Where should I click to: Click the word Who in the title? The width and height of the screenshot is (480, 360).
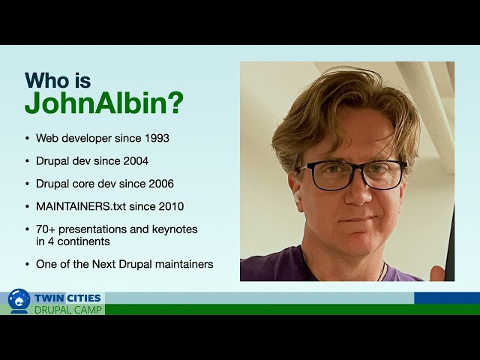click(47, 80)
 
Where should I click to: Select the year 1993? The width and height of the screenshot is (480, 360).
click(157, 138)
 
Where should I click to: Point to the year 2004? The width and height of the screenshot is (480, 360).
click(136, 161)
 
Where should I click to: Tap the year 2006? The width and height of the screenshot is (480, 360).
click(161, 184)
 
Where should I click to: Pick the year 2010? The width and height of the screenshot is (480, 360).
click(171, 206)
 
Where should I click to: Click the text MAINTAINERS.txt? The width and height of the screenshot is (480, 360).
click(81, 206)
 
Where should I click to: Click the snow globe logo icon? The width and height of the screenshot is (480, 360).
click(19, 301)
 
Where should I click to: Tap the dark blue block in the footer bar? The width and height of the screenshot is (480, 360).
click(447, 298)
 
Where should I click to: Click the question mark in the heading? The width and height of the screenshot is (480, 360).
click(175, 103)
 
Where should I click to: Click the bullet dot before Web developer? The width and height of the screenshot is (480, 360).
click(28, 138)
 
